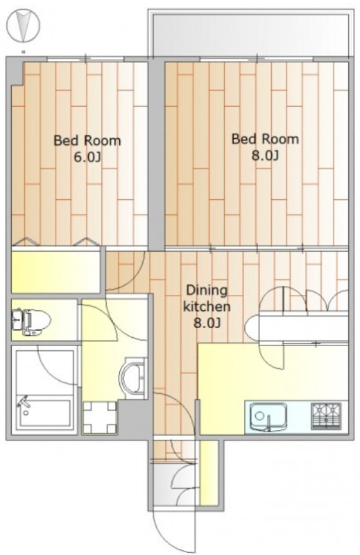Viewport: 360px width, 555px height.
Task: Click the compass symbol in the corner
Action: tap(24, 25)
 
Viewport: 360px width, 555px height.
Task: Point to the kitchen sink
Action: tap(268, 417)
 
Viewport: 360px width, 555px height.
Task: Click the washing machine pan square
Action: tap(99, 418)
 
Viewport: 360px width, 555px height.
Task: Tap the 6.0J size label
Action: tap(87, 157)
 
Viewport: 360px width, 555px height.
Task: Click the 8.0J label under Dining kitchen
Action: tap(207, 323)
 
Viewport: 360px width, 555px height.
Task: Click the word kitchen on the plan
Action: tap(207, 306)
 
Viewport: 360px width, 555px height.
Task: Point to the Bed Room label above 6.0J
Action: tap(87, 141)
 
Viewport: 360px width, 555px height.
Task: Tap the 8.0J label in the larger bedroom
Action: tap(265, 155)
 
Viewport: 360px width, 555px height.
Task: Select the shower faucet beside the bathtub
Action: tap(24, 404)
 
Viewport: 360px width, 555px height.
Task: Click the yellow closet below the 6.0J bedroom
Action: tap(55, 271)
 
